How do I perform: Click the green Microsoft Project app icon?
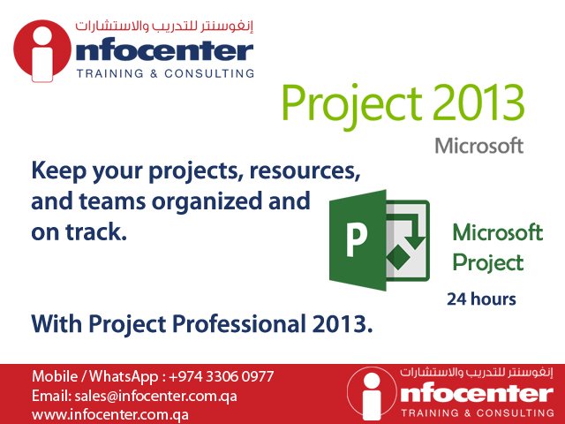pyautogui.click(x=378, y=239)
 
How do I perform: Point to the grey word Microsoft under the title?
pyautogui.click(x=478, y=146)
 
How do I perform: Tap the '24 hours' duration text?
pyautogui.click(x=481, y=299)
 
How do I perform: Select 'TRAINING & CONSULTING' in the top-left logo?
pyautogui.click(x=165, y=73)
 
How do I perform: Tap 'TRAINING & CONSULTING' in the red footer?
pyautogui.click(x=477, y=413)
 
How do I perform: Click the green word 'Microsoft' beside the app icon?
pyautogui.click(x=497, y=233)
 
